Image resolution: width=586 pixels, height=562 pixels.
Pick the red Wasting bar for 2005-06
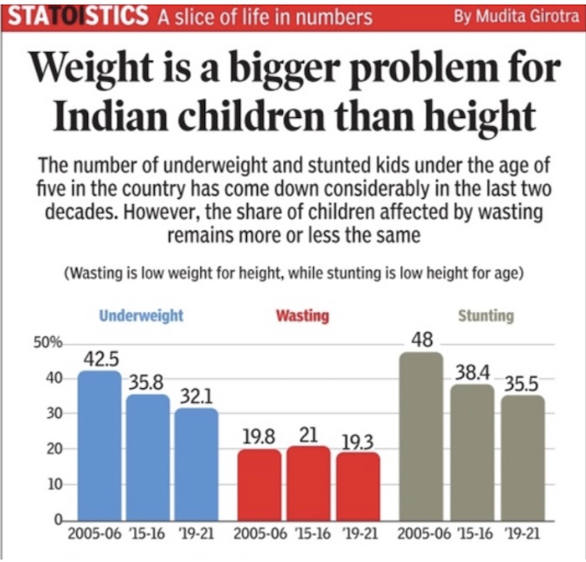[260, 485]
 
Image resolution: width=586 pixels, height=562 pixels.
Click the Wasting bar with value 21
[308, 483]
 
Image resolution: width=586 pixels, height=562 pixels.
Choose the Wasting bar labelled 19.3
[357, 487]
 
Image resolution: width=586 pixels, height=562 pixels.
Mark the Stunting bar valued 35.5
[522, 458]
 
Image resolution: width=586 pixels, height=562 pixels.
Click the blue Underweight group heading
[141, 316]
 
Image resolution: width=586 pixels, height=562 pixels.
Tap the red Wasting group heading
[302, 316]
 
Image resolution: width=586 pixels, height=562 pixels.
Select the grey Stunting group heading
[486, 316]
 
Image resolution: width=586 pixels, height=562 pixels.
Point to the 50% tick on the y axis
[43, 343]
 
